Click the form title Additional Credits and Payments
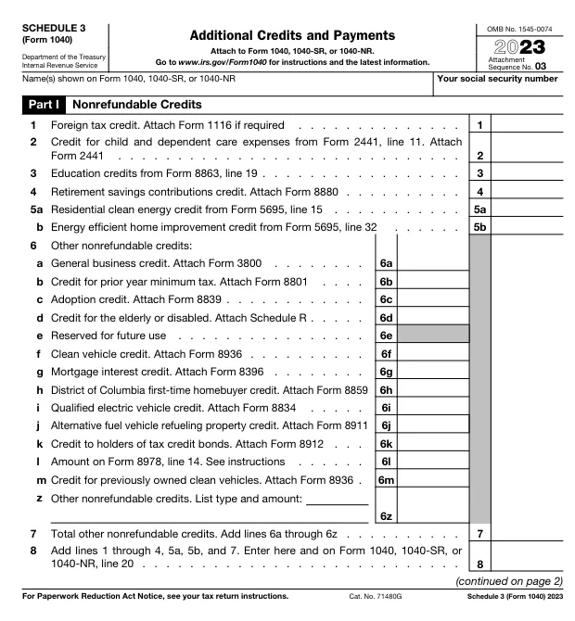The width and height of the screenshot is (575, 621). [292, 34]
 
